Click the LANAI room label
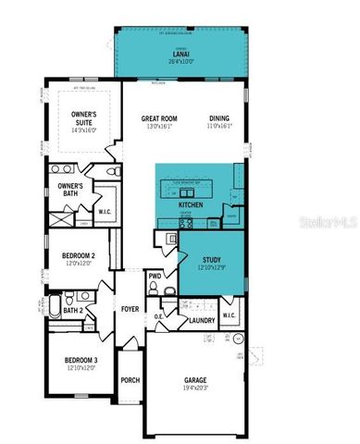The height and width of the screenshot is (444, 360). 180,54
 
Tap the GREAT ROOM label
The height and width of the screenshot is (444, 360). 158,118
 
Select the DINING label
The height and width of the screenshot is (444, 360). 219,118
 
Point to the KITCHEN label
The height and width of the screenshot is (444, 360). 191,204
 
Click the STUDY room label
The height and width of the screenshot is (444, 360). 210,260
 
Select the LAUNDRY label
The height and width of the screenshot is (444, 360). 202,321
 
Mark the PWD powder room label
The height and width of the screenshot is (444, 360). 155,275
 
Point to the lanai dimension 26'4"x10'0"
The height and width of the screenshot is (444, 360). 180,62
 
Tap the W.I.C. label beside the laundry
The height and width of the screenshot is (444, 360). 230,315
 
